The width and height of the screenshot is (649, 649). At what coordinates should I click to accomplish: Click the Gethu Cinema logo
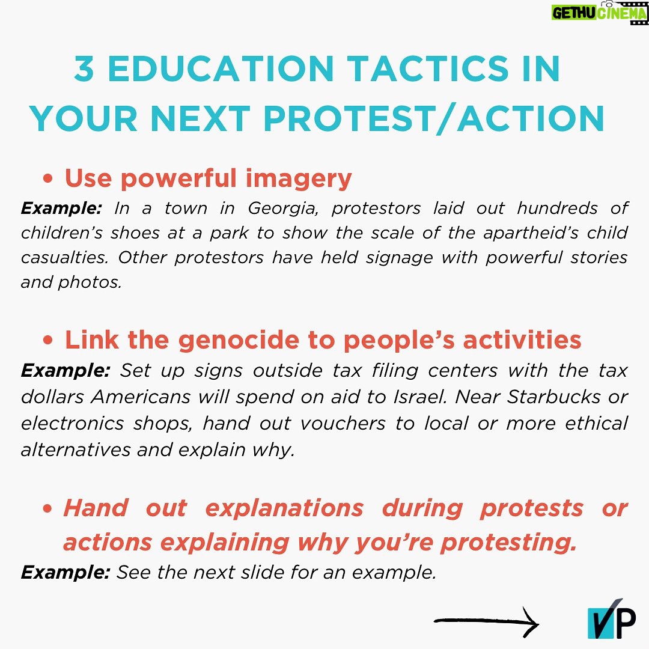599,13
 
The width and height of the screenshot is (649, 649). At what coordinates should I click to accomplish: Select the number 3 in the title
85,69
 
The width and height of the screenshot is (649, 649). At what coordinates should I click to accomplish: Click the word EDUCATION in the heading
221,69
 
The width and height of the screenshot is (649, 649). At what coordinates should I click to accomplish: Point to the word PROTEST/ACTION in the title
434,119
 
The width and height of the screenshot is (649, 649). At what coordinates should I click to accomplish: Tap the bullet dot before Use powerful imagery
48,178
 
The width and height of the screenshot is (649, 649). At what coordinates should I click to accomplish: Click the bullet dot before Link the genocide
48,340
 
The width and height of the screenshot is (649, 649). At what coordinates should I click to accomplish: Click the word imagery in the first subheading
299,179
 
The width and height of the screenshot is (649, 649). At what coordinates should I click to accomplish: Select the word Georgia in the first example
283,208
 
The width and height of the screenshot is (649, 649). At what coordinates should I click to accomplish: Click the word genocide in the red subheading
239,340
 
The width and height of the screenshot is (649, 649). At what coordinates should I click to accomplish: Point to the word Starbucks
554,397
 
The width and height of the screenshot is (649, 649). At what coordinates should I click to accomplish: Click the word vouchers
343,423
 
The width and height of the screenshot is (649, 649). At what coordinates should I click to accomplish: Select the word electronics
73,423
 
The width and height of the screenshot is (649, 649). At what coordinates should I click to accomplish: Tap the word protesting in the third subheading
508,543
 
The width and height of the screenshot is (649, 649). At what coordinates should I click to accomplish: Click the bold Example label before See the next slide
66,573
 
